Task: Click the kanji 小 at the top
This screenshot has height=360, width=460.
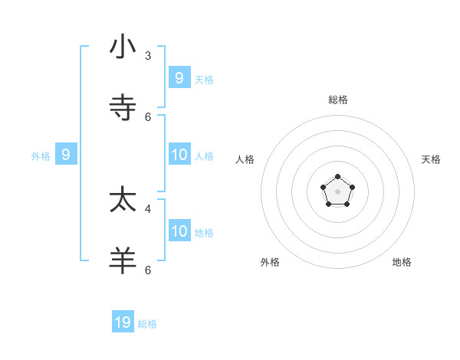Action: (x=123, y=47)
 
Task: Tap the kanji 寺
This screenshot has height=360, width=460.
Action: (x=123, y=108)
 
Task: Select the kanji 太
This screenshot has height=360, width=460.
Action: (x=123, y=200)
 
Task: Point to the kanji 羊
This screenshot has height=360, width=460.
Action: (x=123, y=260)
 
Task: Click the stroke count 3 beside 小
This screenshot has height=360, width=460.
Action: (x=148, y=56)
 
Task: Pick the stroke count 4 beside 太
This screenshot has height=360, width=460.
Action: (x=148, y=208)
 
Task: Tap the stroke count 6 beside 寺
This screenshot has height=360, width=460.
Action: (x=148, y=116)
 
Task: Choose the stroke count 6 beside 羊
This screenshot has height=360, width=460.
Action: (x=148, y=270)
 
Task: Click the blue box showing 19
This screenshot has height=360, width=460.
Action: (x=123, y=322)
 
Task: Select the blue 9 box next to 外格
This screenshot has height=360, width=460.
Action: (x=66, y=155)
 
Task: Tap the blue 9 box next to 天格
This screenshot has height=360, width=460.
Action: (x=179, y=77)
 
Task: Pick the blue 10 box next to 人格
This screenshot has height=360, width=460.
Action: (x=179, y=155)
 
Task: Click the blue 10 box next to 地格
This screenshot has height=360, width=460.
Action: (x=179, y=231)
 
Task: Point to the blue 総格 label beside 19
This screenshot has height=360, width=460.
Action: (x=147, y=324)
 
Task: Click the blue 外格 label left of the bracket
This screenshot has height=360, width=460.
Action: (x=41, y=156)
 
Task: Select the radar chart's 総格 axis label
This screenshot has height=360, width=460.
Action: (x=338, y=100)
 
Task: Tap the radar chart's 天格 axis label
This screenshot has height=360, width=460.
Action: (x=432, y=159)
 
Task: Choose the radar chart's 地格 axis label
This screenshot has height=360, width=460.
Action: (x=402, y=262)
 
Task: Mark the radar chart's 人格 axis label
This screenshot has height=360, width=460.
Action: (x=245, y=159)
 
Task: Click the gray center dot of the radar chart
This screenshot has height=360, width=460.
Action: (x=337, y=191)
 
